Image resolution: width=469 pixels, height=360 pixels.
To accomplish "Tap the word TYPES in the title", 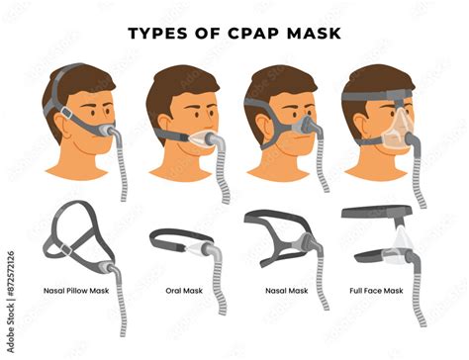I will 162,34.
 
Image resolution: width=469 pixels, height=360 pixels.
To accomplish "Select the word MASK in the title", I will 314,34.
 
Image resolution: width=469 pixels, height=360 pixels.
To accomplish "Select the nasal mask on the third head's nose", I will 309,125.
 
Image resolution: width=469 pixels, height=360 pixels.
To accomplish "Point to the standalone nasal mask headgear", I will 272,237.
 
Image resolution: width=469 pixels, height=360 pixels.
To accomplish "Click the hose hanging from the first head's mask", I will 121,168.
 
